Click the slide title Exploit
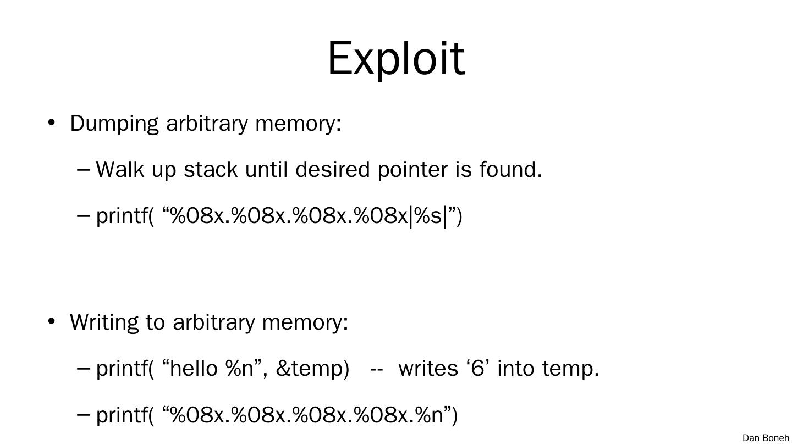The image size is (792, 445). pyautogui.click(x=396, y=58)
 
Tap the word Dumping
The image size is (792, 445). pyautogui.click(x=114, y=124)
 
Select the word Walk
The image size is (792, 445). pyautogui.click(x=119, y=169)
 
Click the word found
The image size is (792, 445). pyautogui.click(x=510, y=169)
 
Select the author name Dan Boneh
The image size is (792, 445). pyautogui.click(x=766, y=438)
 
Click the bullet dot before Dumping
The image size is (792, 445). pyautogui.click(x=52, y=123)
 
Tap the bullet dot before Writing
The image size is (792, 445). pyautogui.click(x=52, y=321)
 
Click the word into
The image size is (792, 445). pyautogui.click(x=516, y=368)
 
